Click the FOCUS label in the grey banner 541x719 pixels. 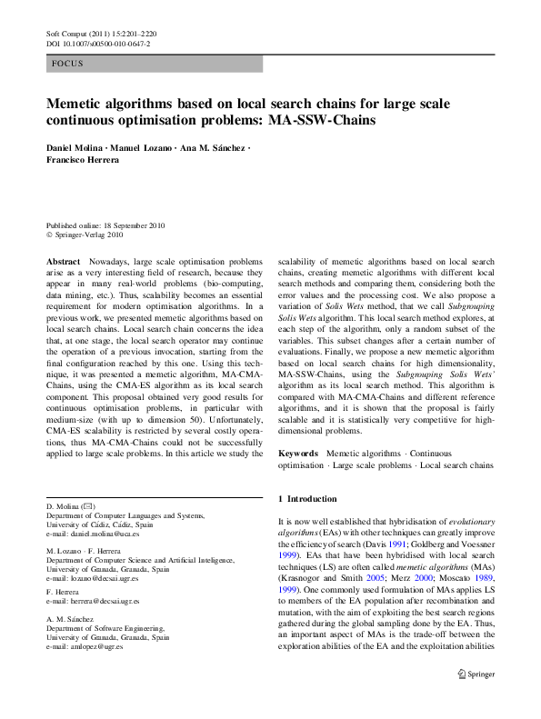[x=69, y=65]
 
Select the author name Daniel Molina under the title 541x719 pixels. [x=76, y=148]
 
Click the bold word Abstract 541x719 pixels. [x=63, y=260]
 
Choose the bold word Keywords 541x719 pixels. [x=297, y=453]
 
